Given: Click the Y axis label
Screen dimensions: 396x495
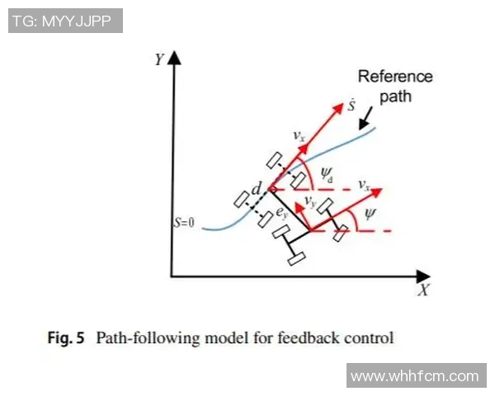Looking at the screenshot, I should (x=158, y=59).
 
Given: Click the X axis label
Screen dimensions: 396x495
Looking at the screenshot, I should (x=423, y=290).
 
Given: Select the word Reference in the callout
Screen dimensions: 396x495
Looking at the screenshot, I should (x=394, y=77).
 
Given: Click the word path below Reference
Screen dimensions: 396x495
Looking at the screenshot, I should (x=395, y=96).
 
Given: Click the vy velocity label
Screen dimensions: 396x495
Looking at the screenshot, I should (x=310, y=200).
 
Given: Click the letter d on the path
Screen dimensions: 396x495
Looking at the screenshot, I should (x=257, y=191).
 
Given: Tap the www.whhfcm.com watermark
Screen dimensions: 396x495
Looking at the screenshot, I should (x=414, y=376).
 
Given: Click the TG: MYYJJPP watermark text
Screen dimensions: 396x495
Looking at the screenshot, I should (x=65, y=21).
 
